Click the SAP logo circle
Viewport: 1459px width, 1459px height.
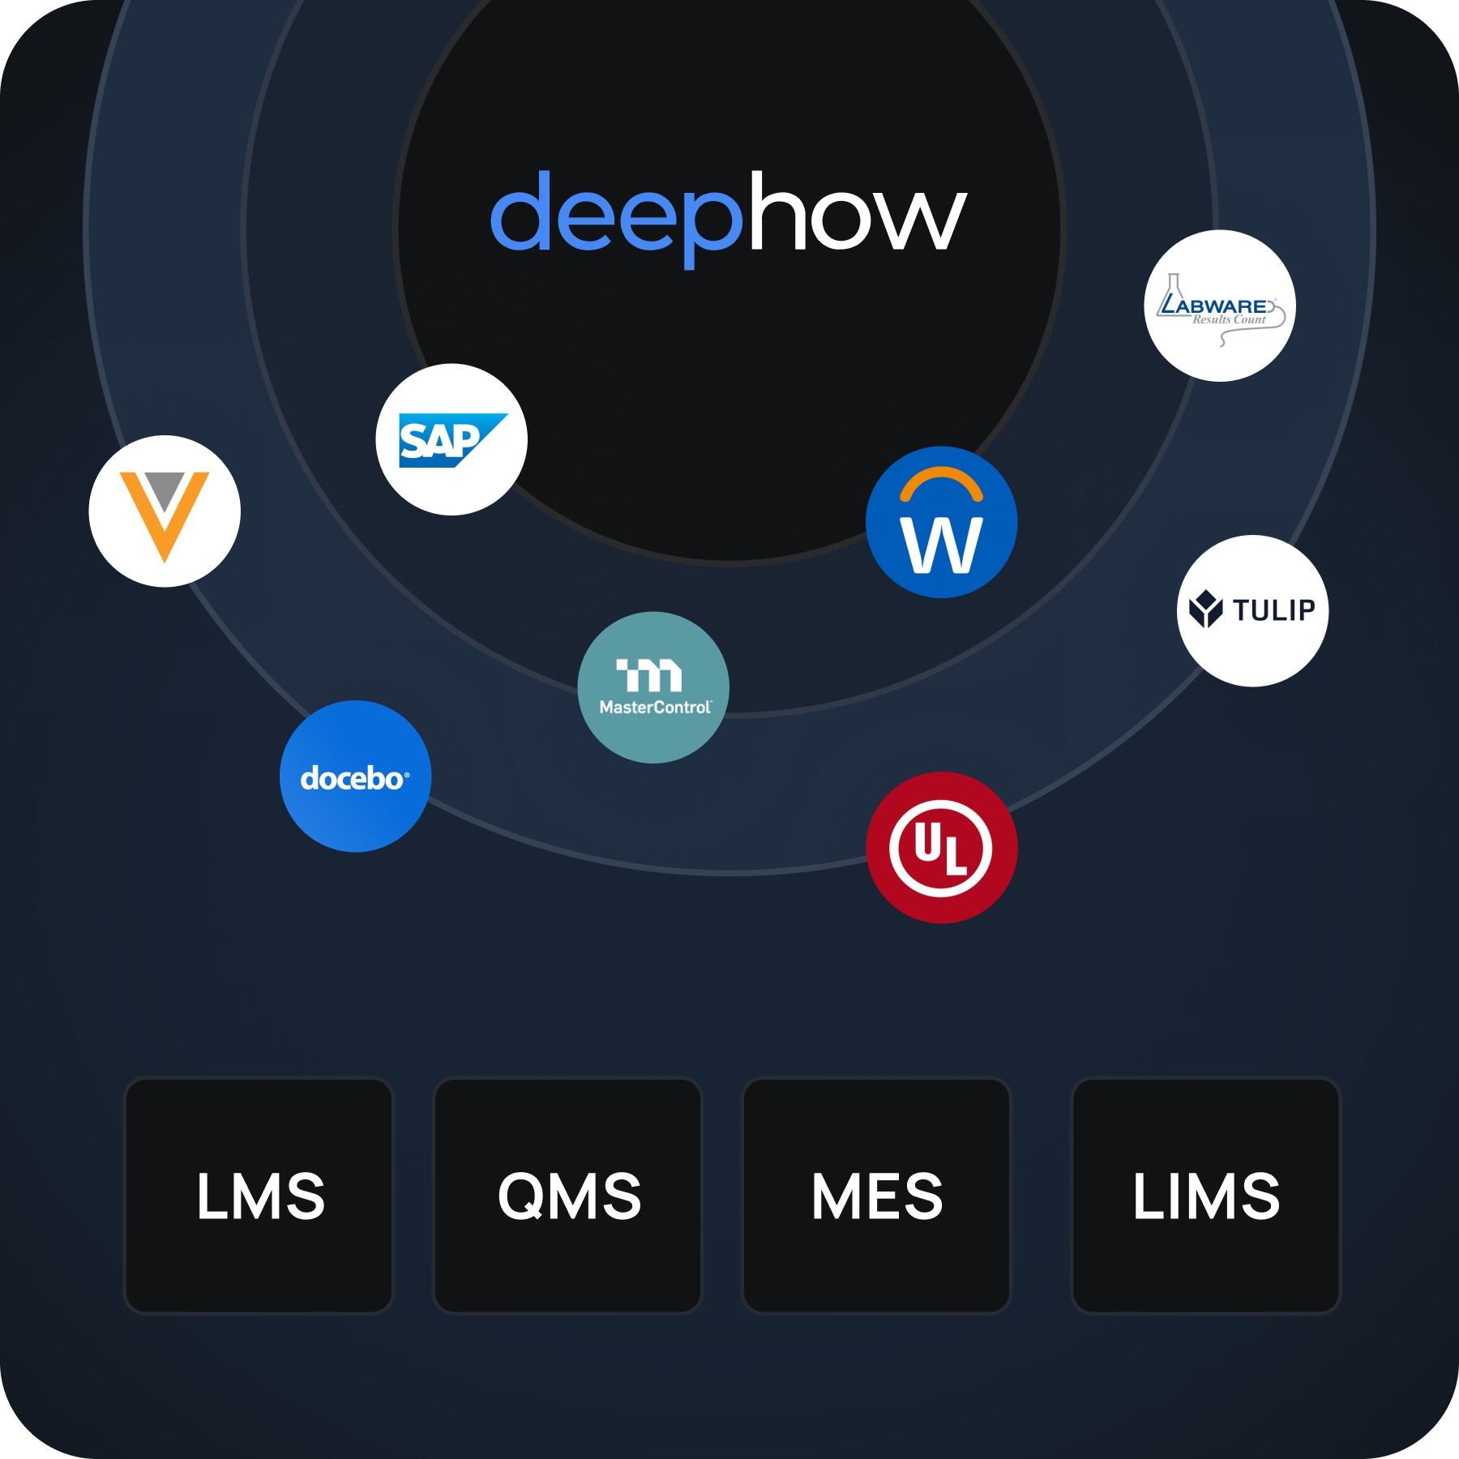[451, 439]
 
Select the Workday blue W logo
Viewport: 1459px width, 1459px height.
[941, 523]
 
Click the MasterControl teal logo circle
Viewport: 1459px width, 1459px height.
[653, 687]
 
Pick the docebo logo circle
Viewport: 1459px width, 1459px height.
[355, 777]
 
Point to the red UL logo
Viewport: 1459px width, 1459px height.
[941, 848]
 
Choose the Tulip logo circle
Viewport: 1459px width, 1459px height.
[1252, 610]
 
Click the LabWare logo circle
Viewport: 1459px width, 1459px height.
[1220, 306]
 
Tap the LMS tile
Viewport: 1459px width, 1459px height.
[259, 1196]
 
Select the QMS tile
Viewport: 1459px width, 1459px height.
[568, 1196]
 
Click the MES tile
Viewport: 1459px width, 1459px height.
[877, 1196]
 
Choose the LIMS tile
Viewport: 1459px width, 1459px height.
[1206, 1196]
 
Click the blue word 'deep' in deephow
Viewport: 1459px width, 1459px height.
[616, 215]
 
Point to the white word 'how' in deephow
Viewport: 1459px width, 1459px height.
[858, 212]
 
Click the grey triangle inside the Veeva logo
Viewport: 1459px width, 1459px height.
[165, 489]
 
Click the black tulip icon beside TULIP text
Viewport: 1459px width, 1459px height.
[1205, 609]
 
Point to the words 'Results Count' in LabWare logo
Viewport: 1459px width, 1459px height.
[1229, 319]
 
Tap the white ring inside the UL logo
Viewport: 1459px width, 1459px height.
[899, 848]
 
